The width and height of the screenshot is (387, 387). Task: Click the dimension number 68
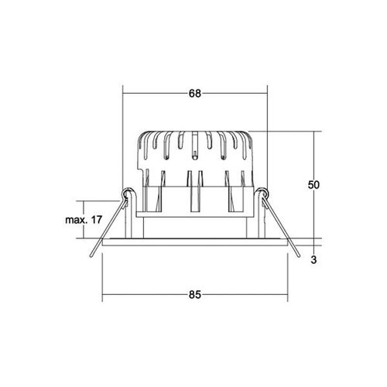[195, 94]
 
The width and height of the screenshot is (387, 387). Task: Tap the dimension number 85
[195, 294]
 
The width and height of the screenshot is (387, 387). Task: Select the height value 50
[313, 185]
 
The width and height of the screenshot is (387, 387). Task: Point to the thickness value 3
[313, 260]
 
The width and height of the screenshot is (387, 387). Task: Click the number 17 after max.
[97, 220]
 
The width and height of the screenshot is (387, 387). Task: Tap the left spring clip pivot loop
[127, 193]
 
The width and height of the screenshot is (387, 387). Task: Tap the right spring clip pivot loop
[262, 193]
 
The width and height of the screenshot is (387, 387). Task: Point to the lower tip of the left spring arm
[91, 256]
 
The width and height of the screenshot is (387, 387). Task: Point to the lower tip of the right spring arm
[299, 255]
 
